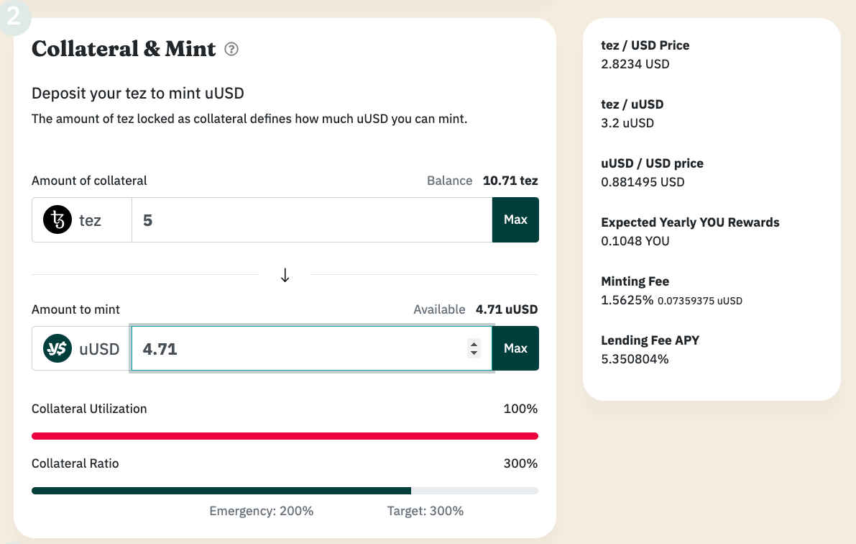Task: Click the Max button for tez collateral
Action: (515, 219)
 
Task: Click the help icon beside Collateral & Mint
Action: (231, 49)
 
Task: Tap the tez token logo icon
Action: (57, 219)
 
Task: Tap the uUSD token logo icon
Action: (57, 349)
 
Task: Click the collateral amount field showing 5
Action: (311, 219)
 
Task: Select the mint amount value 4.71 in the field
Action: (160, 349)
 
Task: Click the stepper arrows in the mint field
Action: (474, 349)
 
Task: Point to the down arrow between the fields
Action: (285, 275)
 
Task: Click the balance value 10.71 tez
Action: (510, 181)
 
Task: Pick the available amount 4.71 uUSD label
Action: (507, 309)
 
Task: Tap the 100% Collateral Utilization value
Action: (520, 409)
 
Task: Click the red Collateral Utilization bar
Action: (285, 435)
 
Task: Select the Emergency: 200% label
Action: (262, 511)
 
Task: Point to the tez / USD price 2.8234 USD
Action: (635, 64)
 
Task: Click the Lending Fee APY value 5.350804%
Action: (635, 358)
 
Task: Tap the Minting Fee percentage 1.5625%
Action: (627, 300)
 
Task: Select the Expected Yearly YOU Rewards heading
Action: (690, 222)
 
